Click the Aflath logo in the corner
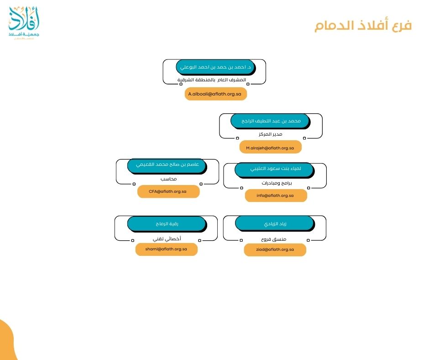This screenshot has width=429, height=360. pyautogui.click(x=24, y=23)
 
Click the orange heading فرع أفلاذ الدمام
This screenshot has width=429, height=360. pyautogui.click(x=363, y=26)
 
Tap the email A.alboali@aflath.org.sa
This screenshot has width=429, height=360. pyautogui.click(x=215, y=94)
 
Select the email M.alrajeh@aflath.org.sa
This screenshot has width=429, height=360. pyautogui.click(x=270, y=148)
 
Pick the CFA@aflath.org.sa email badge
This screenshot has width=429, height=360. pyautogui.click(x=168, y=191)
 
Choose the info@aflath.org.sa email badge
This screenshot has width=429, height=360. pyautogui.click(x=276, y=196)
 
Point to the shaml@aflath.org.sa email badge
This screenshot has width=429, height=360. pyautogui.click(x=166, y=249)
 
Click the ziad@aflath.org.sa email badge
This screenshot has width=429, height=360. pyautogui.click(x=275, y=249)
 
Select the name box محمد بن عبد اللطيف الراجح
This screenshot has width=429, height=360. pyautogui.click(x=271, y=121)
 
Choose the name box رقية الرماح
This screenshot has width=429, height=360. pyautogui.click(x=167, y=224)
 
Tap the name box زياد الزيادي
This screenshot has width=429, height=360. pyautogui.click(x=275, y=223)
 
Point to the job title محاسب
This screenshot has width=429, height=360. pyautogui.click(x=168, y=179)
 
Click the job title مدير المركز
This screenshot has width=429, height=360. pyautogui.click(x=270, y=134)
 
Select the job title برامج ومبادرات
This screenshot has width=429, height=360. pyautogui.click(x=277, y=183)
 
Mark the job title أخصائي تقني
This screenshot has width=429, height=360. pyautogui.click(x=167, y=239)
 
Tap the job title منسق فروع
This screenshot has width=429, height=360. pyautogui.click(x=273, y=239)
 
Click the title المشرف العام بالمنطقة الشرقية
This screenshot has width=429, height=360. pyautogui.click(x=211, y=80)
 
